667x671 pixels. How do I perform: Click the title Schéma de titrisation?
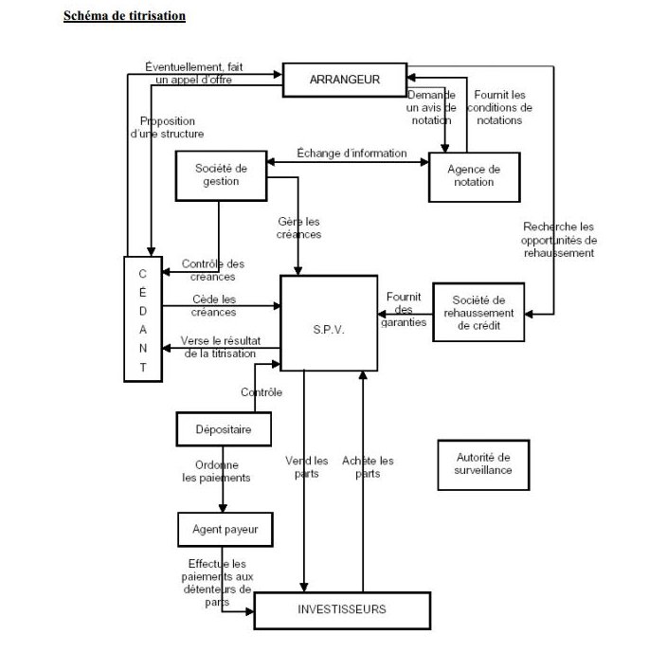(124, 16)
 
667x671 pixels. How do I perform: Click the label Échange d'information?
(352, 154)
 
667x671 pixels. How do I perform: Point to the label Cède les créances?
(213, 305)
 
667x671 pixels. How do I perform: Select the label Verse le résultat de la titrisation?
(221, 347)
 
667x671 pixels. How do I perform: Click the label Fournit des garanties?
(404, 309)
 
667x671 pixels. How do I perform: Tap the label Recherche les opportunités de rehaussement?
(559, 240)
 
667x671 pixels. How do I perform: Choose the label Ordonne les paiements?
(216, 471)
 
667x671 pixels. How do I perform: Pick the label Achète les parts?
(368, 467)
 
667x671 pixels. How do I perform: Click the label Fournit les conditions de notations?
(499, 107)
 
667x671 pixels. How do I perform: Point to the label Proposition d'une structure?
(168, 127)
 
